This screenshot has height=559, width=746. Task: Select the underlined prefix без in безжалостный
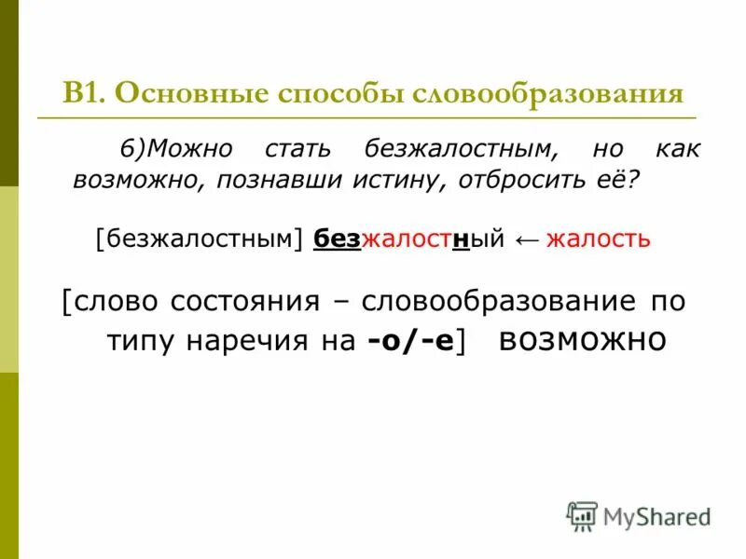coord(337,239)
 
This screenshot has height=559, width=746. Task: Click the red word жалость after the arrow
coord(598,239)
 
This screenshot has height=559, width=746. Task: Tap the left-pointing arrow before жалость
coord(526,240)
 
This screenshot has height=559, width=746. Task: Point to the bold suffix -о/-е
coord(410,342)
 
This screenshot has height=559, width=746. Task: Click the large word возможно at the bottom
coord(583,338)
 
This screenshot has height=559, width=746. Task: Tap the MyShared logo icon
coord(583,515)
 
